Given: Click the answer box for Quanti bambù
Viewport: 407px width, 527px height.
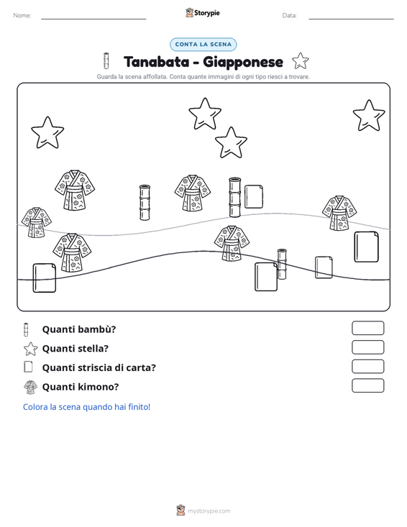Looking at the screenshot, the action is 367,328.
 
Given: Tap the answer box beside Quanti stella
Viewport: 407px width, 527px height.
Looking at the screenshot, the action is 367,347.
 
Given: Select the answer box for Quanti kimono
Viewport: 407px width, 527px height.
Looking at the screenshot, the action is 367,385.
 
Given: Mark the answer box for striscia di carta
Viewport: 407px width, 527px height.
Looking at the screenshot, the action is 367,367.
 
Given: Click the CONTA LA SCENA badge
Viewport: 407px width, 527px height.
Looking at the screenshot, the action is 203,45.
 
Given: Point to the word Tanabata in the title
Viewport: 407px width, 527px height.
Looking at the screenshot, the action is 156,62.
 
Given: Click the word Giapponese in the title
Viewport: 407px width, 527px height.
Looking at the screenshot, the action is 243,63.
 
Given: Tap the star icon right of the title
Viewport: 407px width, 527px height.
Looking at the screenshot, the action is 300,61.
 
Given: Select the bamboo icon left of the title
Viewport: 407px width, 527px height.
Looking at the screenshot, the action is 106,61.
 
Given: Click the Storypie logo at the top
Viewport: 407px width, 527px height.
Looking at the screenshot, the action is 203,13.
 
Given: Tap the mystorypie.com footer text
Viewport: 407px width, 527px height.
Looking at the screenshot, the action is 209,511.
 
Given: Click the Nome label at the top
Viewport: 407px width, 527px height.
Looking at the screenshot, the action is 22,16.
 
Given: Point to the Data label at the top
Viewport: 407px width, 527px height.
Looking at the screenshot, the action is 289,16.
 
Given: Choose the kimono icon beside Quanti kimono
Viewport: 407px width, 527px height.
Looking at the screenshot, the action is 31,387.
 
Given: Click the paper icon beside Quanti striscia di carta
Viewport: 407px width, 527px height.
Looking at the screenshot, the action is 29,367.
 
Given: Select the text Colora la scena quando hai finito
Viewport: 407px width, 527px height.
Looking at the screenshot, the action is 87,407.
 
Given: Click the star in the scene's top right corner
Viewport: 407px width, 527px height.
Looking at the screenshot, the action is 369,116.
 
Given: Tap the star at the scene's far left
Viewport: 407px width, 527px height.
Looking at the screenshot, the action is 47,133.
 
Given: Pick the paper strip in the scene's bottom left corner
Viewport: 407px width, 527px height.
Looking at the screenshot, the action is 45,278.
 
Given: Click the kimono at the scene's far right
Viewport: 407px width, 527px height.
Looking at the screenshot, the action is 339,213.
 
